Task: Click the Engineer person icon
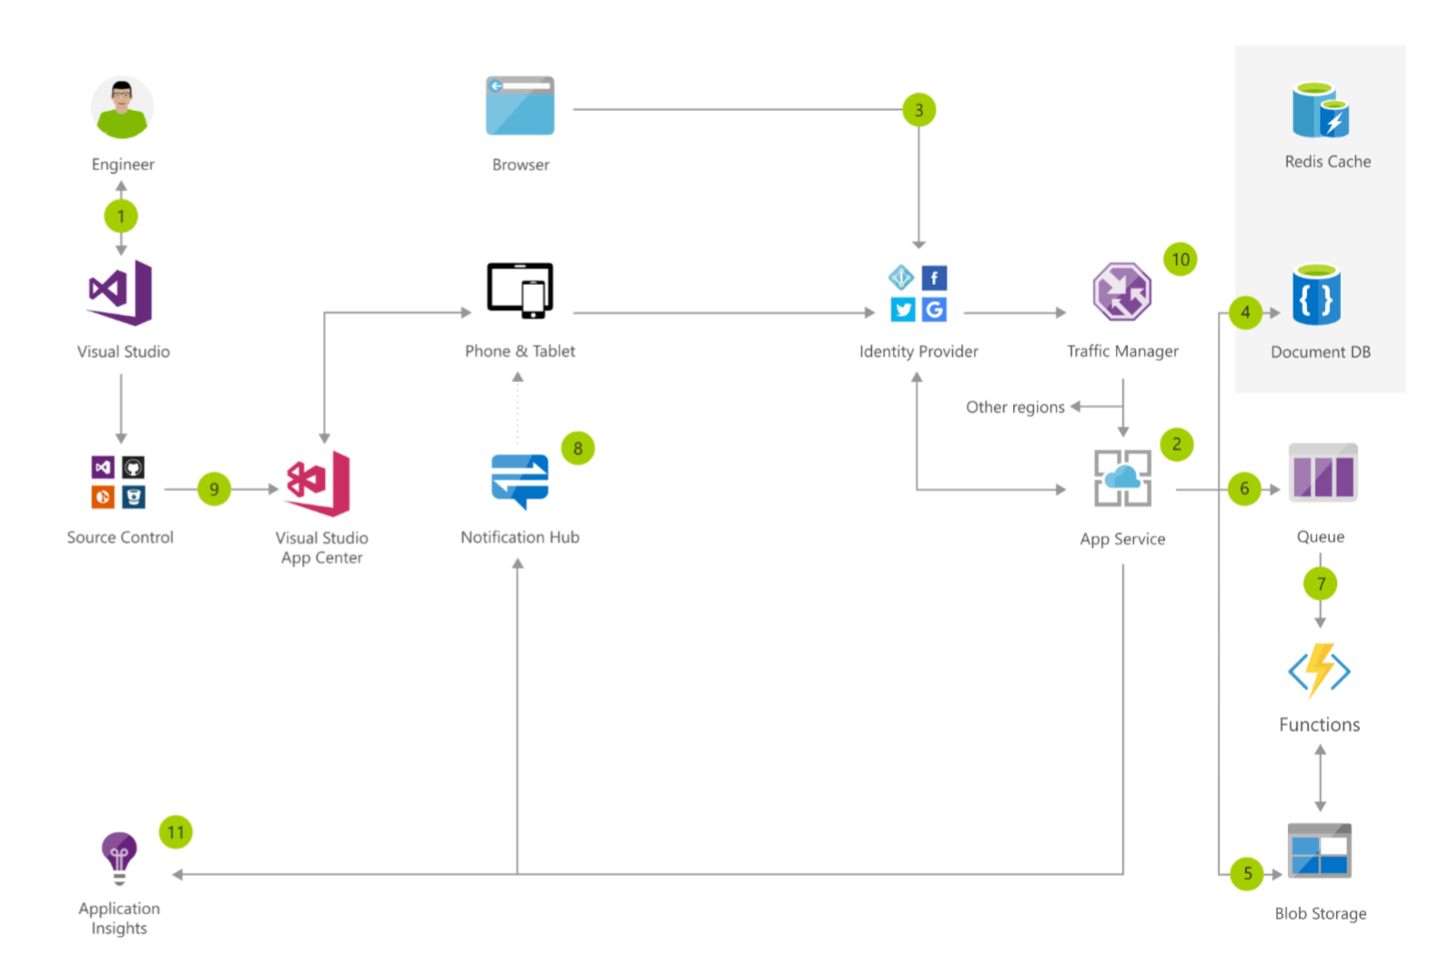122,107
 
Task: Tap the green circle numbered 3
918,110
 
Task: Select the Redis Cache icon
1321,110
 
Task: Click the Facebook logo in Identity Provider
934,278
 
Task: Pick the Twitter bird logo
903,310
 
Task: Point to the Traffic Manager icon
1121,292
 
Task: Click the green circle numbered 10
1180,259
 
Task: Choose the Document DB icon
1316,295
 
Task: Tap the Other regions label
1015,407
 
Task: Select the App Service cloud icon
1122,478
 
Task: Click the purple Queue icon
1322,473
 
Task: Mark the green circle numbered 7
1320,584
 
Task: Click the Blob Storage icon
1319,850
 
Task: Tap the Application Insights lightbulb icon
119,857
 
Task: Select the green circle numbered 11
176,832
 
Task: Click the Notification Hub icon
520,481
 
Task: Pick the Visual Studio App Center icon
319,483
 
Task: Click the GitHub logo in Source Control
133,468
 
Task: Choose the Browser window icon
520,106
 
